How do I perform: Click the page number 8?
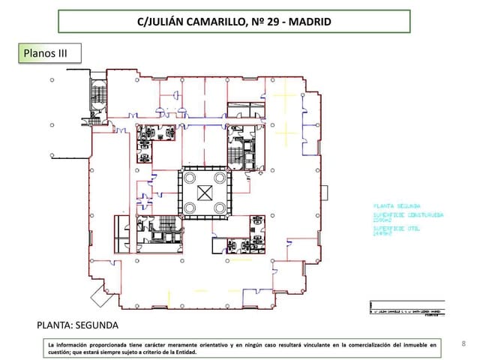[x=464, y=344]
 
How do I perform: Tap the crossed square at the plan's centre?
[x=204, y=191]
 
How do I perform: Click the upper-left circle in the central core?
[x=190, y=177]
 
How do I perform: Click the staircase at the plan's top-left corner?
[x=98, y=96]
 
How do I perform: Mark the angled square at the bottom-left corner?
[x=101, y=293]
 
